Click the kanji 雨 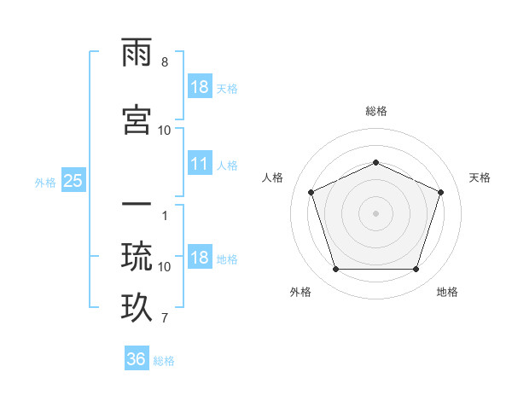[x=137, y=53]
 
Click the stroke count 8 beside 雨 [x=164, y=62]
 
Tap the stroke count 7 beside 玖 [x=164, y=319]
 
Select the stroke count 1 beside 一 [x=164, y=215]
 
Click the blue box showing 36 [x=137, y=359]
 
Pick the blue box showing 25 [x=73, y=180]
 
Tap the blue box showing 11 [x=200, y=164]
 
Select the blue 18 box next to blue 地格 [x=200, y=259]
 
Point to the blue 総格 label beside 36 [x=164, y=361]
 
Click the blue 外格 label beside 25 [x=45, y=182]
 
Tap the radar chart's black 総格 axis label [x=375, y=111]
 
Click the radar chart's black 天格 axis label [x=480, y=177]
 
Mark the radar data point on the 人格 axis [x=311, y=191]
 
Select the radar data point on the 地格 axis [x=416, y=270]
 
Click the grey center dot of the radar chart [x=375, y=213]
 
